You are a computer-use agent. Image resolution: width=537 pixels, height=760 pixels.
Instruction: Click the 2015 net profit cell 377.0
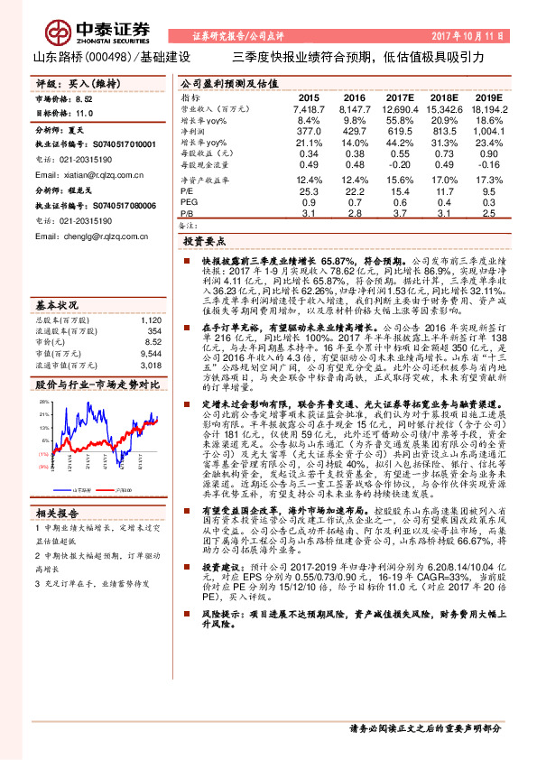point(309,130)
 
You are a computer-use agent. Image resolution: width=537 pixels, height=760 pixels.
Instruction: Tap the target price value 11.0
point(84,114)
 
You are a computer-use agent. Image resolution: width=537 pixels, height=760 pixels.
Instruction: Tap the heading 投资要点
point(203,244)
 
